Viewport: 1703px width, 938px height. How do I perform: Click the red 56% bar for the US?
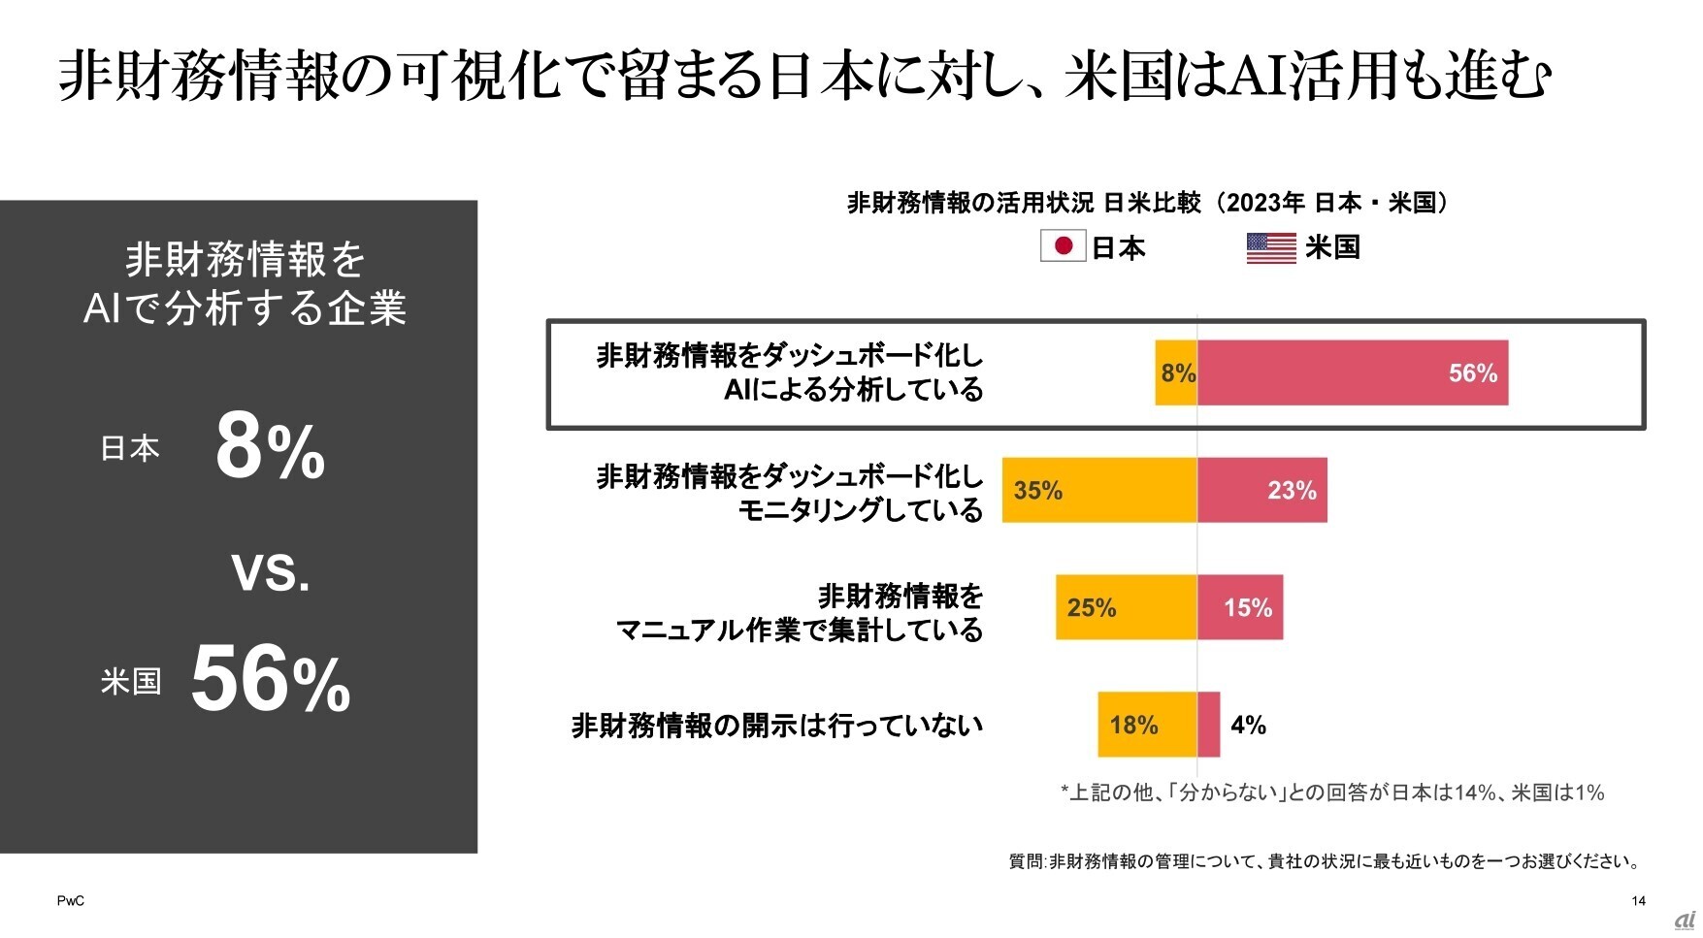(x=1353, y=372)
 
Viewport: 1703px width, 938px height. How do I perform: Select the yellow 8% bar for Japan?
(x=1176, y=372)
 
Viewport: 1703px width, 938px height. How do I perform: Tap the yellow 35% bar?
(x=1099, y=490)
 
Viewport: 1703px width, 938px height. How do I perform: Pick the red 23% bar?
(x=1261, y=490)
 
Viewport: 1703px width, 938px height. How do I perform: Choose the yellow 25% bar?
(x=1127, y=607)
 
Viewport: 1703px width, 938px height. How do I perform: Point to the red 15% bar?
(x=1240, y=607)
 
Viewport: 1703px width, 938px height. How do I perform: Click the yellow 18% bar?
(x=1147, y=725)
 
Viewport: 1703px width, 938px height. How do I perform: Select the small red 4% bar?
(x=1208, y=725)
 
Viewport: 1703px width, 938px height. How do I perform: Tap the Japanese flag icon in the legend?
(x=1063, y=246)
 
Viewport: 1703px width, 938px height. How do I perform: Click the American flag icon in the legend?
(x=1271, y=247)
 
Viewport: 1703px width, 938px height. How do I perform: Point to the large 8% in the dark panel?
(x=270, y=448)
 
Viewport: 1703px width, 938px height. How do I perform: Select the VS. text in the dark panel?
(x=271, y=572)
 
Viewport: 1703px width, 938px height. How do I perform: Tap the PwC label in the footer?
(x=70, y=901)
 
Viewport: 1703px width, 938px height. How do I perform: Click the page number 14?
(x=1638, y=901)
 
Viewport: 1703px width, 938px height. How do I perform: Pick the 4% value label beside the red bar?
(x=1248, y=726)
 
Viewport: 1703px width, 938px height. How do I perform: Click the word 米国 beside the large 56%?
(x=130, y=681)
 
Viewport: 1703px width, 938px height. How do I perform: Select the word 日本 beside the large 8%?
(x=130, y=448)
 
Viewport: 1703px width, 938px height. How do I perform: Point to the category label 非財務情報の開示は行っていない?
(x=776, y=726)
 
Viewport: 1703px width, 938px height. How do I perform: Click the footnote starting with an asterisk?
(x=1331, y=792)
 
